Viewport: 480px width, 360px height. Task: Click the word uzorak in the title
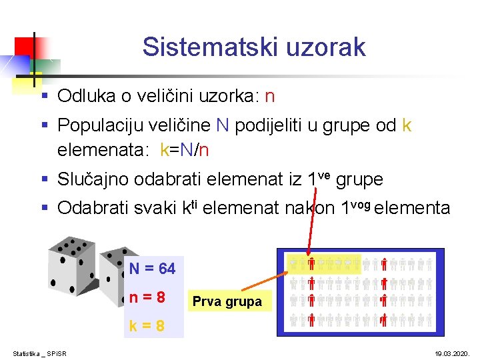coord(327,47)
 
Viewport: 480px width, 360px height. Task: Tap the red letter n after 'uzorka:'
coord(269,97)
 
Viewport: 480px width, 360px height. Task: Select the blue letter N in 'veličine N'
coord(223,125)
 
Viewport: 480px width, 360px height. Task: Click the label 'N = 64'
coord(153,269)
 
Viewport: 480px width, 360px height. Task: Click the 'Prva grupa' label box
coord(227,302)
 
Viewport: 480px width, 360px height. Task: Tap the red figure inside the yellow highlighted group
coord(311,264)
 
